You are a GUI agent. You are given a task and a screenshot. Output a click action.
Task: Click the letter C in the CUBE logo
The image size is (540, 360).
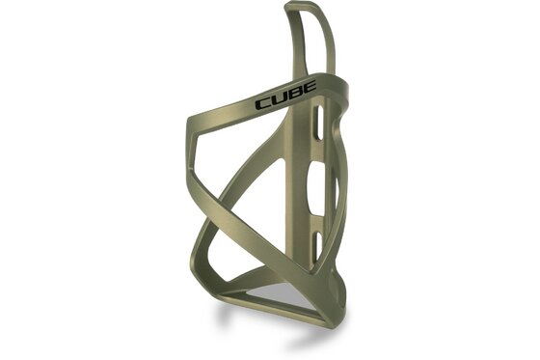click(263, 103)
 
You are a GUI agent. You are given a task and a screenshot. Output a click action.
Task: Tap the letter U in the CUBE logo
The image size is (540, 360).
click(279, 99)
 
